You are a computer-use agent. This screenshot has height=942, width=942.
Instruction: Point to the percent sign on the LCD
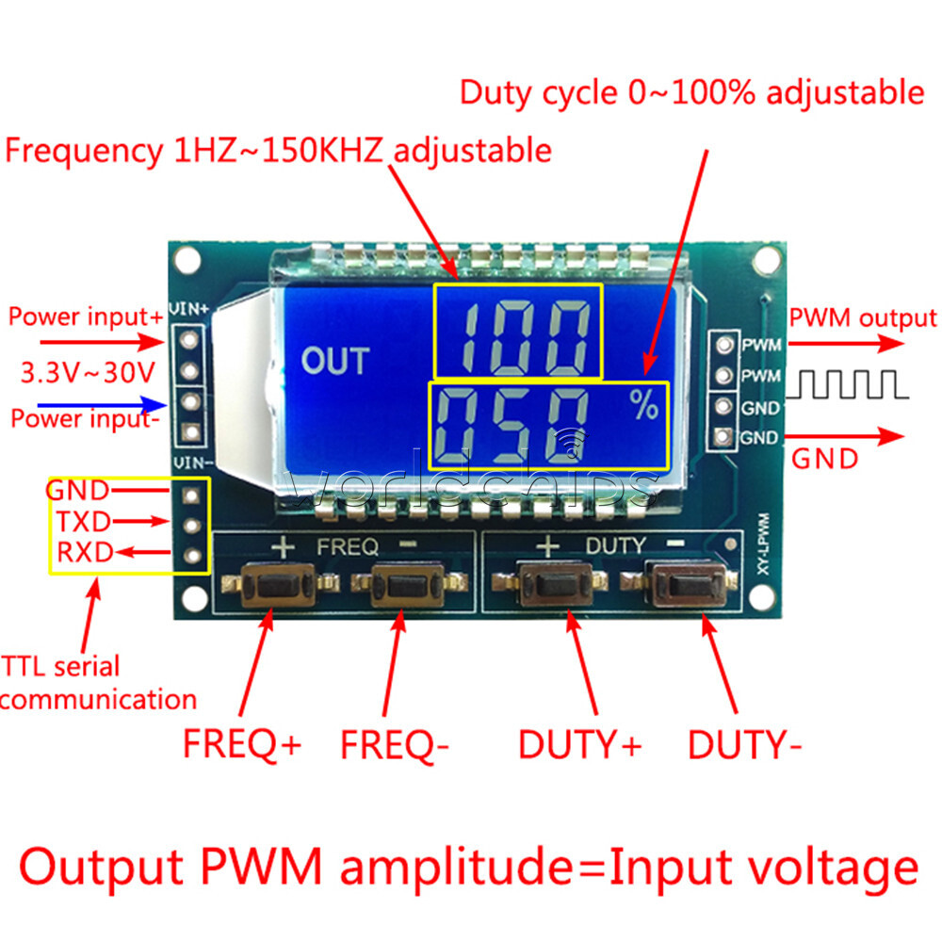pos(644,406)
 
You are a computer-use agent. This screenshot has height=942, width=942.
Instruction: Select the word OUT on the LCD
pos(334,360)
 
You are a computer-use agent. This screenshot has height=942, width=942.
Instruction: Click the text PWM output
pos(863,317)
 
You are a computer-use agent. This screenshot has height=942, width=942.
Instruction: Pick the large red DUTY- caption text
pos(744,745)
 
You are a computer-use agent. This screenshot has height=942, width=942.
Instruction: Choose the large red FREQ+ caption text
pos(242,744)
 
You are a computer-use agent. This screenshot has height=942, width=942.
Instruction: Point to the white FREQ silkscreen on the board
pos(348,545)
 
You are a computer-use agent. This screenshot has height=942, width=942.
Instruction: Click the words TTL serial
pos(61,667)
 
